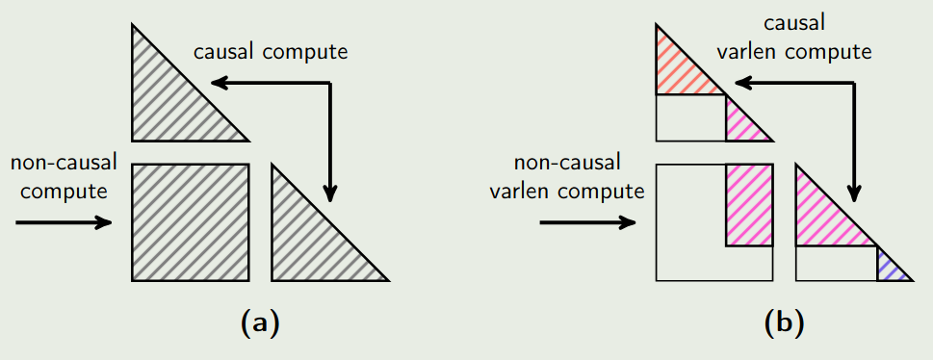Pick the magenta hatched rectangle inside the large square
749,204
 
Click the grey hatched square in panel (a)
191,222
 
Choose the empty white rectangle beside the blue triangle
835,263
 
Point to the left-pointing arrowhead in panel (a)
219,84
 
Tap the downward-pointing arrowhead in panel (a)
330,193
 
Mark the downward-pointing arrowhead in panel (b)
853,193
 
